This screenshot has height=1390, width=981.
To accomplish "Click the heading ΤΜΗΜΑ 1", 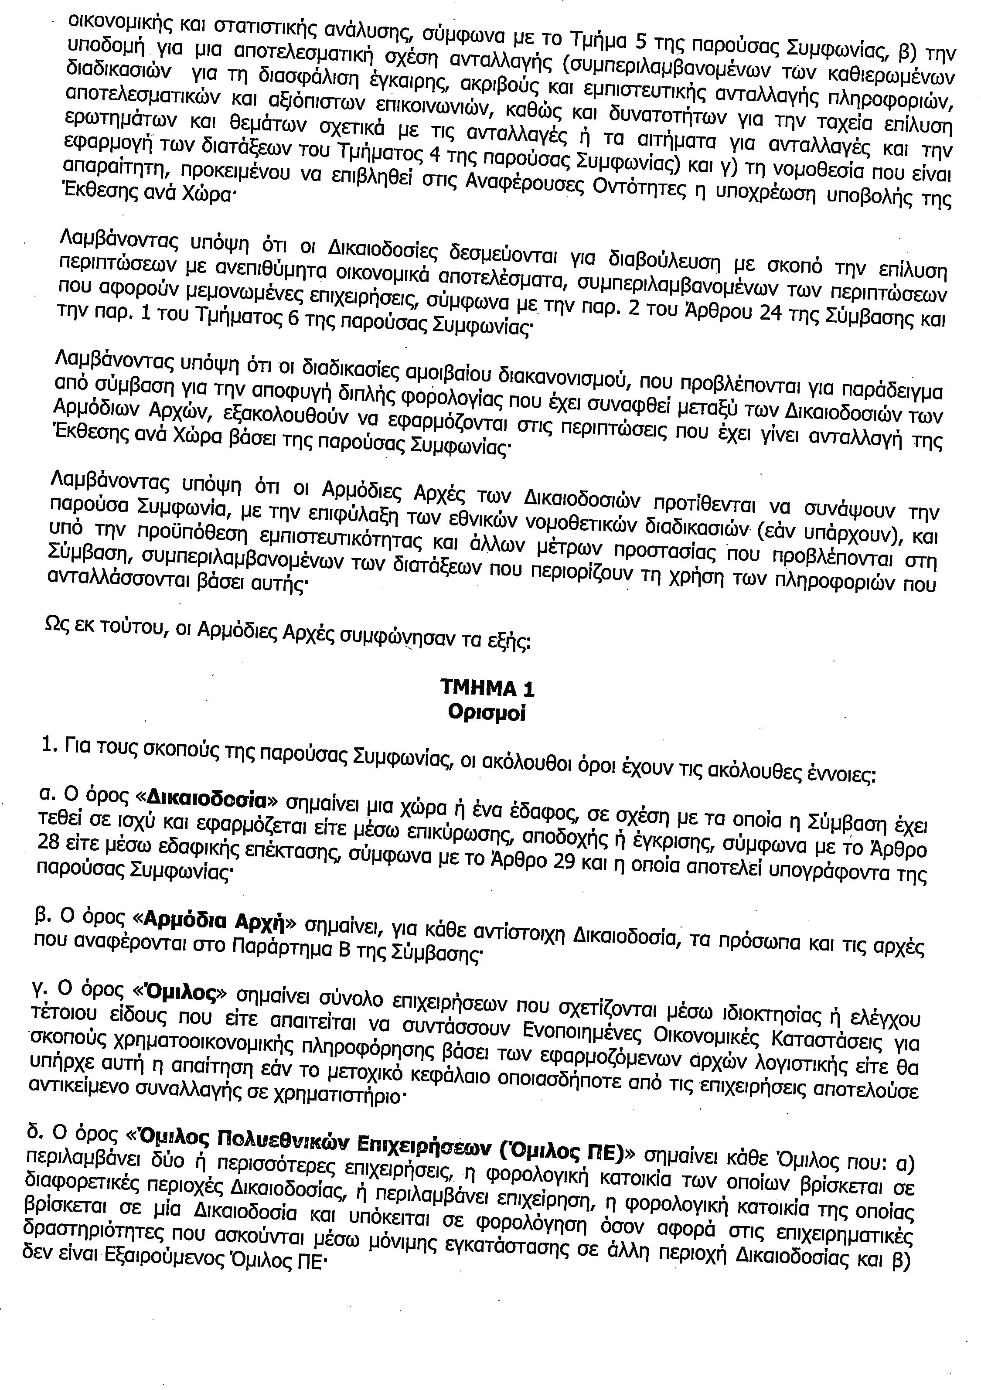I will point(487,689).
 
